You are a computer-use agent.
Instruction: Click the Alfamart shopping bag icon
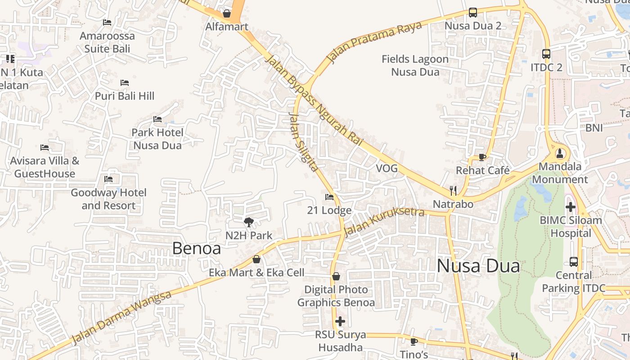tap(227, 13)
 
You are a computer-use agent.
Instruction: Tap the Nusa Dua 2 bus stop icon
tap(472, 13)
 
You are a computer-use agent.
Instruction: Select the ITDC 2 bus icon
tap(546, 54)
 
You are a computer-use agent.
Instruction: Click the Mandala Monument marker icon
tap(559, 153)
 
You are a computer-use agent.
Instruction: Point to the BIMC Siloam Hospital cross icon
tap(570, 207)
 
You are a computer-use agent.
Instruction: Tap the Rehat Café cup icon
tap(482, 157)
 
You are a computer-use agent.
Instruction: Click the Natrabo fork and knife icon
tap(453, 191)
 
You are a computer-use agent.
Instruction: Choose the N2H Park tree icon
tap(248, 222)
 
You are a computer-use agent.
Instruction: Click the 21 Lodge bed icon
tap(329, 197)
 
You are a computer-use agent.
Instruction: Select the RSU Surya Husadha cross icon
tap(340, 321)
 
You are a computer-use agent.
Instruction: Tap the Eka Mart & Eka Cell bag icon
tap(256, 259)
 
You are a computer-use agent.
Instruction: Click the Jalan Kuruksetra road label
tap(383, 221)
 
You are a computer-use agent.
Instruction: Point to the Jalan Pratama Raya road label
tap(374, 41)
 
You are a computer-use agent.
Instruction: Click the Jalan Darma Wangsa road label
tap(121, 318)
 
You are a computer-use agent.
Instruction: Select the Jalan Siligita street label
tap(303, 142)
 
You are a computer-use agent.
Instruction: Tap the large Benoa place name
tap(197, 248)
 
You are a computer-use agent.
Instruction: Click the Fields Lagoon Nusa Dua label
tap(415, 65)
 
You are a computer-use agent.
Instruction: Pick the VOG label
tap(387, 168)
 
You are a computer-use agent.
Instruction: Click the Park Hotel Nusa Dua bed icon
tap(157, 119)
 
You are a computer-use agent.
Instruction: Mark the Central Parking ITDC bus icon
tap(573, 261)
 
